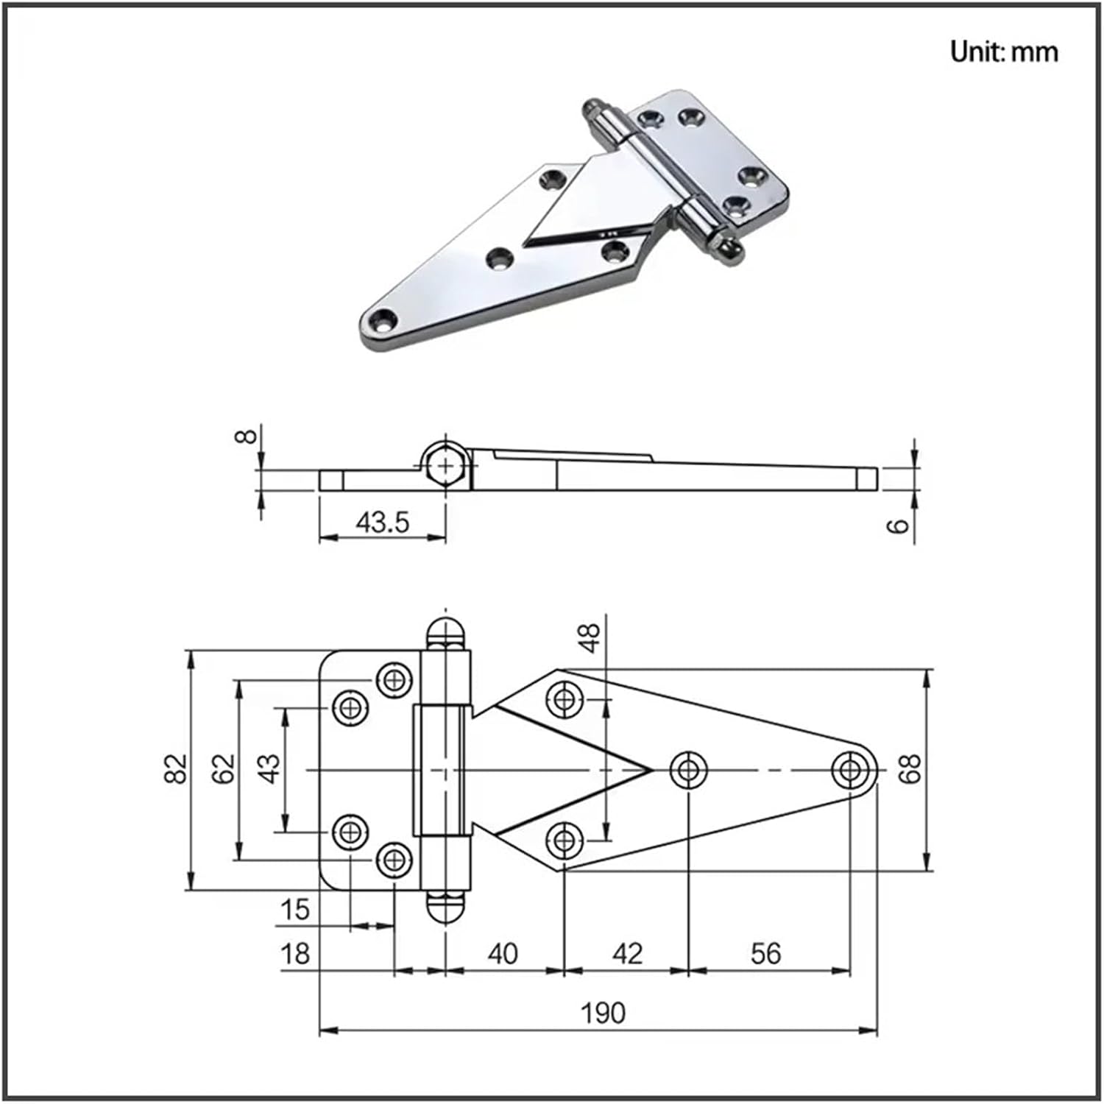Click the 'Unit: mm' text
click(x=1003, y=52)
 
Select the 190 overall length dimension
click(x=603, y=1013)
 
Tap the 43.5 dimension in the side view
click(x=382, y=522)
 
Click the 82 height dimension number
click(x=177, y=769)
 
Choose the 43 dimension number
click(x=269, y=769)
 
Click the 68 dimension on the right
click(x=910, y=769)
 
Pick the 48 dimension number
click(x=590, y=637)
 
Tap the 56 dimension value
click(x=765, y=954)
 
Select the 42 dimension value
click(x=627, y=954)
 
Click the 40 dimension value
click(x=503, y=954)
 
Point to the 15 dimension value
click(x=294, y=910)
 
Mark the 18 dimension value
click(x=294, y=955)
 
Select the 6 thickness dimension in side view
click(x=899, y=526)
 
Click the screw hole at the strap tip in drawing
click(x=850, y=770)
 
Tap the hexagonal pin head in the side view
click(x=445, y=466)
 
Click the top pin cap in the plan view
click(x=446, y=634)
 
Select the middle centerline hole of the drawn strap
click(x=688, y=770)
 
